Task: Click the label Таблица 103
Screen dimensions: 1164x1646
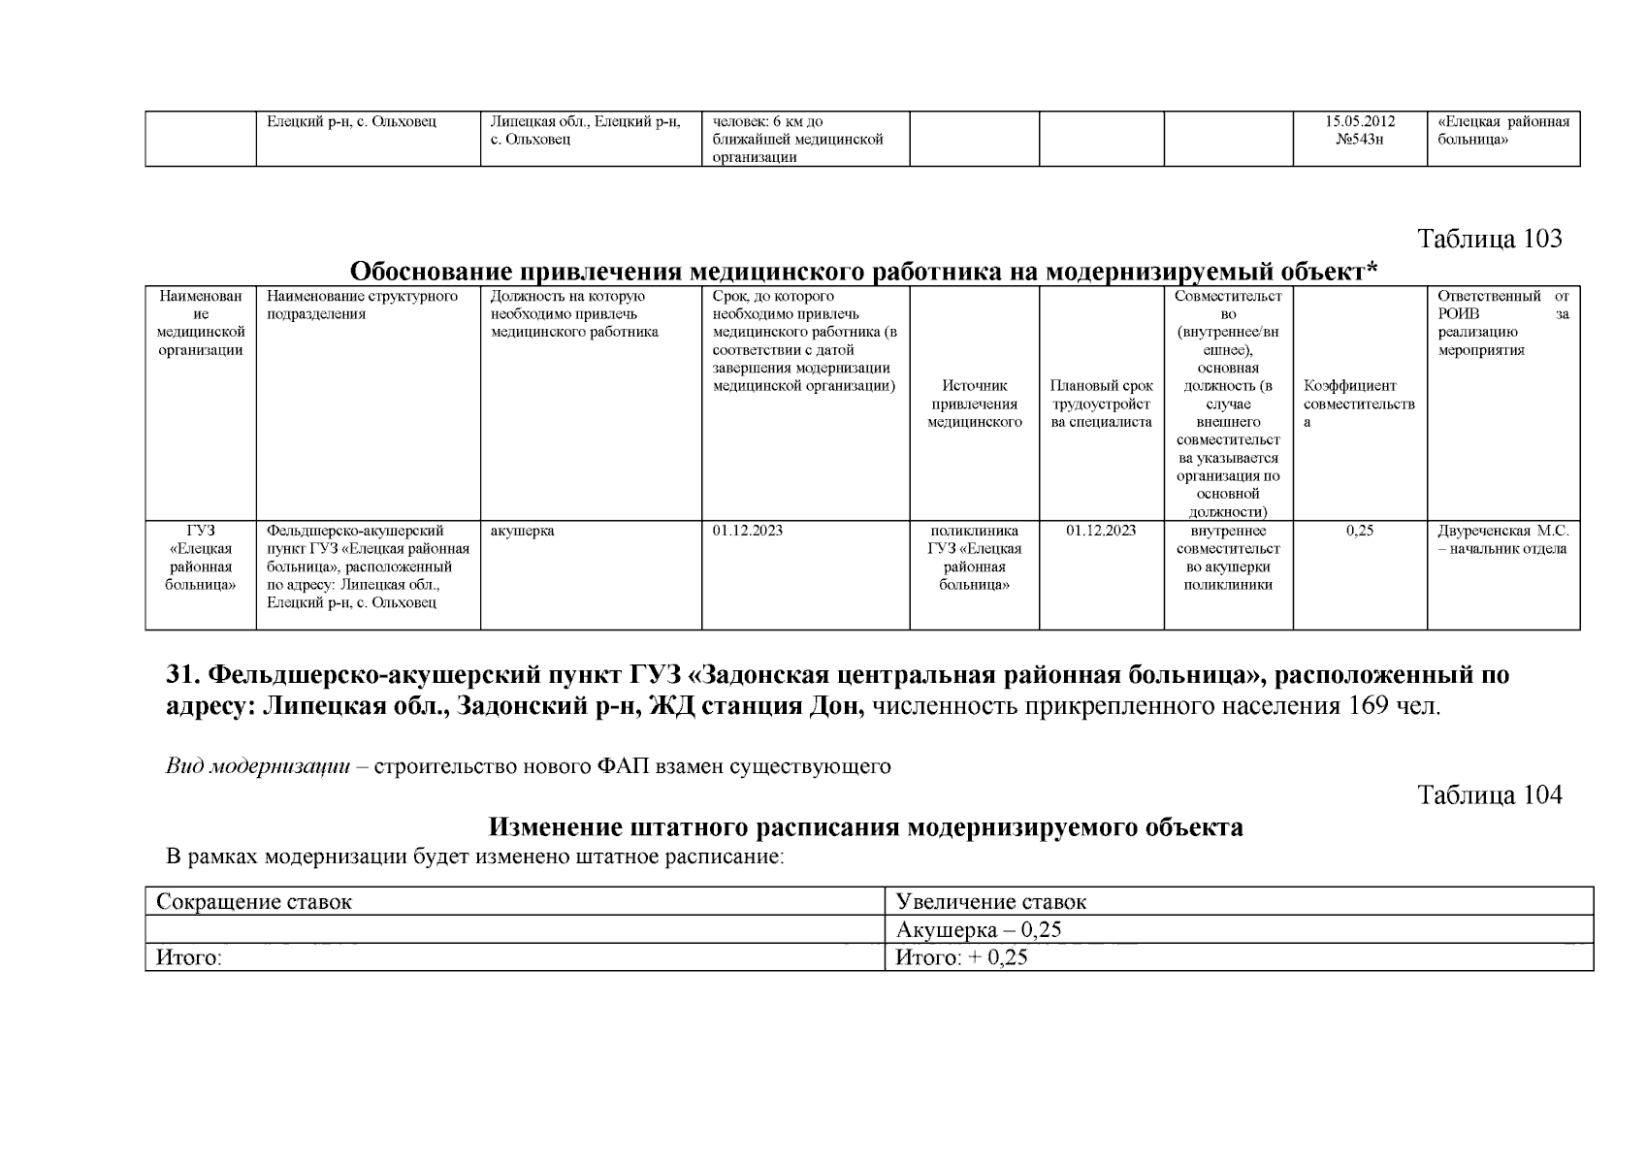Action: (1490, 239)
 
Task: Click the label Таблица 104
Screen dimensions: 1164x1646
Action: (1490, 795)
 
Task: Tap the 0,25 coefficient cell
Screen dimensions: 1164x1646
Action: (1359, 532)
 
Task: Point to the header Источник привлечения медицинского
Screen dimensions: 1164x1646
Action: (974, 404)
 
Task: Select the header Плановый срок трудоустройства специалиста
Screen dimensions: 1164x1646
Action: (1101, 404)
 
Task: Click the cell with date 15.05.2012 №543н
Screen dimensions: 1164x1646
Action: (1359, 131)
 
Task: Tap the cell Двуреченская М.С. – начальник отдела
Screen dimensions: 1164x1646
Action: (1502, 540)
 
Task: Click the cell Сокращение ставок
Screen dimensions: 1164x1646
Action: (254, 902)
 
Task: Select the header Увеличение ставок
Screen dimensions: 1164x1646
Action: (991, 902)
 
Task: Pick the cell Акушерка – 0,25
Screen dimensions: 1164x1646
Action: (979, 930)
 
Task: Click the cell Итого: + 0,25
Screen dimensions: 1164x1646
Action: (961, 958)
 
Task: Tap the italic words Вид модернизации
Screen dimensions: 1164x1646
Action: (257, 767)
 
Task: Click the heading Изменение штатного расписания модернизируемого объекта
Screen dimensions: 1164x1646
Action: (865, 827)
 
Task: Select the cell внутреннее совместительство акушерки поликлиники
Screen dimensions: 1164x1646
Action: (1228, 558)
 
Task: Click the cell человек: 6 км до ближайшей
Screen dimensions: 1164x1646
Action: (797, 140)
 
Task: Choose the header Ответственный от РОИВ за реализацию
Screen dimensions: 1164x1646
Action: (1502, 323)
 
